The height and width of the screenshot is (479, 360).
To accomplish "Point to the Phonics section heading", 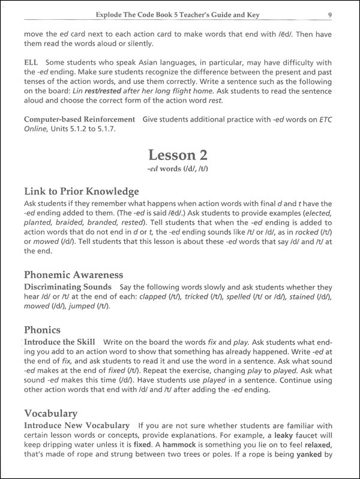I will (x=43, y=330).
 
